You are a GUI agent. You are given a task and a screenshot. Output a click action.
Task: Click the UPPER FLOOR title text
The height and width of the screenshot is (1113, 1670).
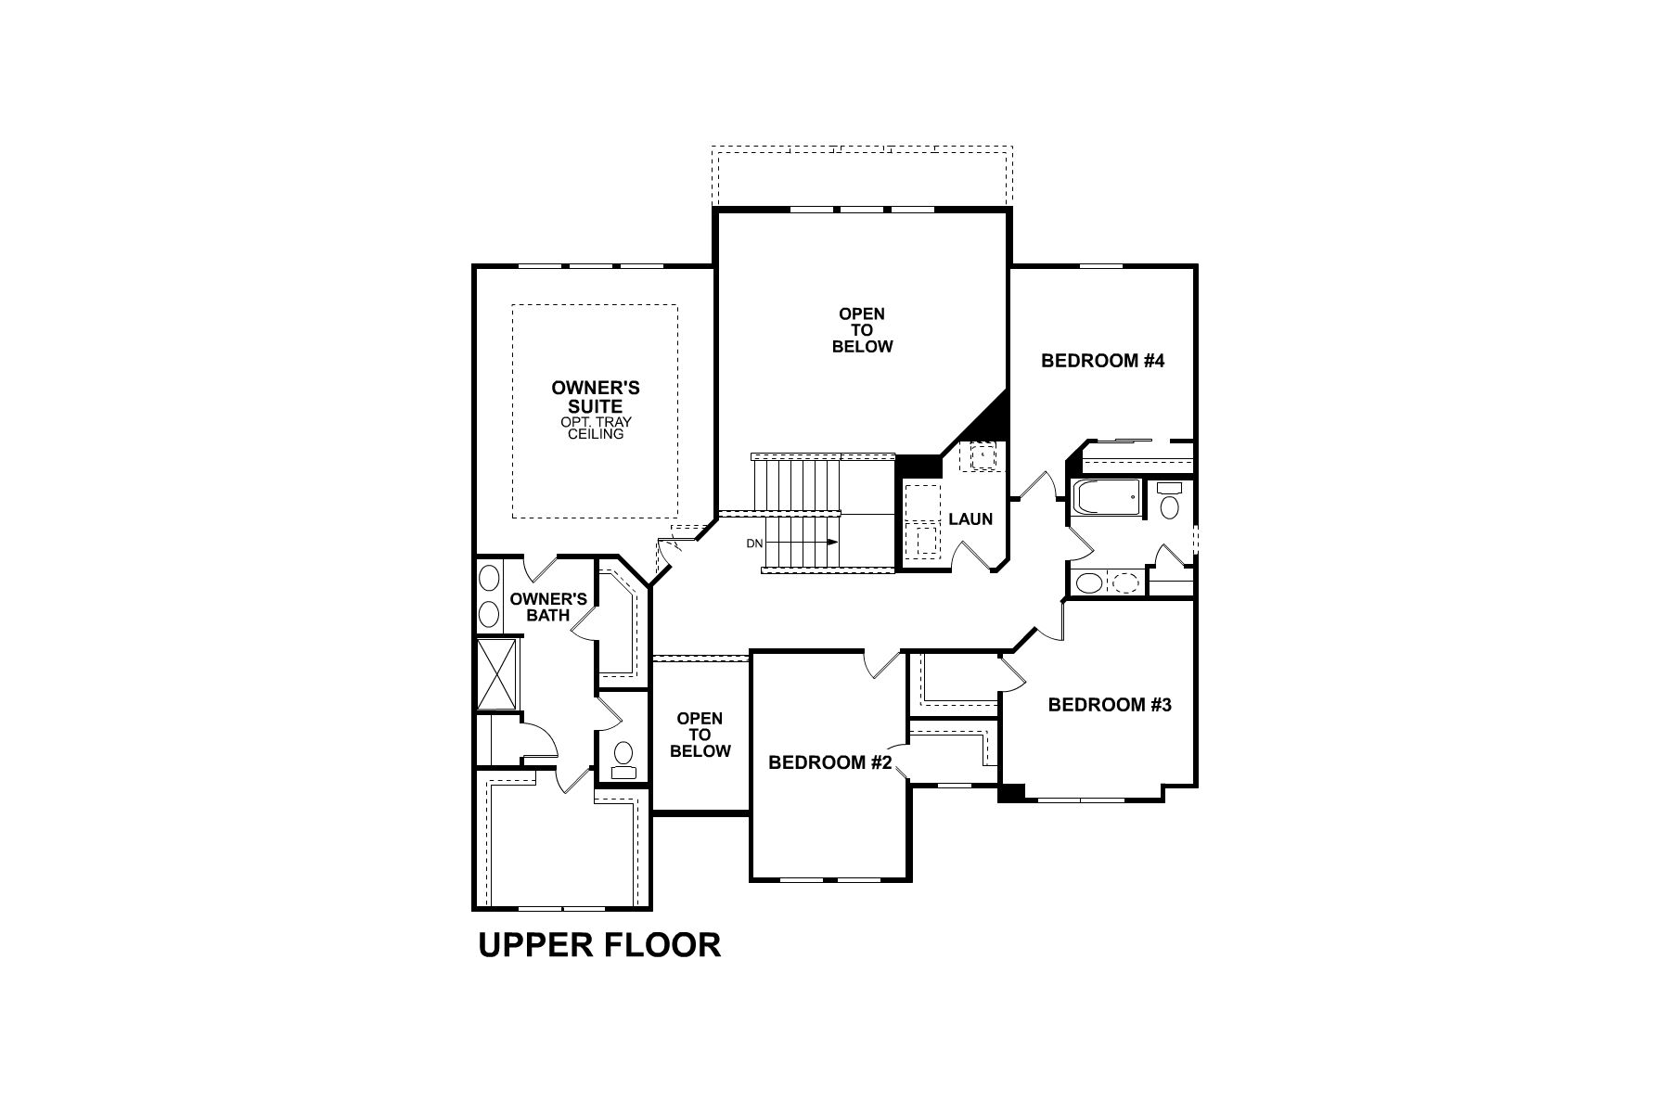point(599,945)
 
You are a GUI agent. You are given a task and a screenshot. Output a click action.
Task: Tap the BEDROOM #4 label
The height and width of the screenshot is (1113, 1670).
point(1102,361)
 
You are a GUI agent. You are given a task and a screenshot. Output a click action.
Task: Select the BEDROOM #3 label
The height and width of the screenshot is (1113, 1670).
point(1110,705)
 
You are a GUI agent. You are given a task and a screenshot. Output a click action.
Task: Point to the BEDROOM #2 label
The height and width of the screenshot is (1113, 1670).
point(829,762)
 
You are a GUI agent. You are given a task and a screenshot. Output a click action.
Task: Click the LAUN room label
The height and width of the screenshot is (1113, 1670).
point(970,519)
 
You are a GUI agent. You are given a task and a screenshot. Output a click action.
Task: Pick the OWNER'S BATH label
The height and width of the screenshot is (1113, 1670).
point(547,607)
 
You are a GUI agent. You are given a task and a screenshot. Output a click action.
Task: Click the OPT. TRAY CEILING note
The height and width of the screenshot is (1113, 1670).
point(596,429)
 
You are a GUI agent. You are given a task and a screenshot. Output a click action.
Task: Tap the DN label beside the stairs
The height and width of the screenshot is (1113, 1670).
point(753,544)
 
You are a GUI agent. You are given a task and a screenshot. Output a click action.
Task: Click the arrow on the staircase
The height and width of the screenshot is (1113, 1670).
point(816,543)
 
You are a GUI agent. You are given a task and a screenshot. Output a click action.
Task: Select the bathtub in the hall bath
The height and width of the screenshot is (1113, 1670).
point(1106,498)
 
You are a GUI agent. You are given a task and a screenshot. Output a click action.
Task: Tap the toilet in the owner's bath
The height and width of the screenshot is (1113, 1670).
point(623,756)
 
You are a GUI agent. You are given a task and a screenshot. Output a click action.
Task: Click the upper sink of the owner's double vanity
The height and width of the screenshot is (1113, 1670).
point(489,579)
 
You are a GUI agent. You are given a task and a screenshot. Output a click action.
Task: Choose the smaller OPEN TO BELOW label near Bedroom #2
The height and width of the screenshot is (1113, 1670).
point(700,735)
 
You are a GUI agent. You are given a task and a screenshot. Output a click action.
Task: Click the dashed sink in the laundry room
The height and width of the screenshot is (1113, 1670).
point(982,456)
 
